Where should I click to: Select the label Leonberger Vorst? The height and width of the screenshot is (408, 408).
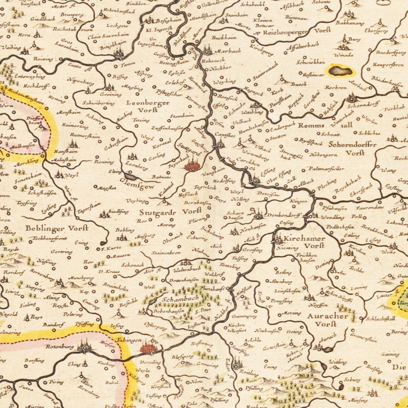148,106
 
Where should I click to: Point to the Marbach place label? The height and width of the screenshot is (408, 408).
228,51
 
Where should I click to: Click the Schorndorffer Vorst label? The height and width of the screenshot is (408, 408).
353,149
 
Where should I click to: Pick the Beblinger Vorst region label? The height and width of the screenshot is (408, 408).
57,228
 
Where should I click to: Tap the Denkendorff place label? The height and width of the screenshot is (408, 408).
284,215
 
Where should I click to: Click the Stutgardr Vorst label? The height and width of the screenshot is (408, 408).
170,212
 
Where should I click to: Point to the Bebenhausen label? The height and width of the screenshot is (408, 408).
169,311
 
